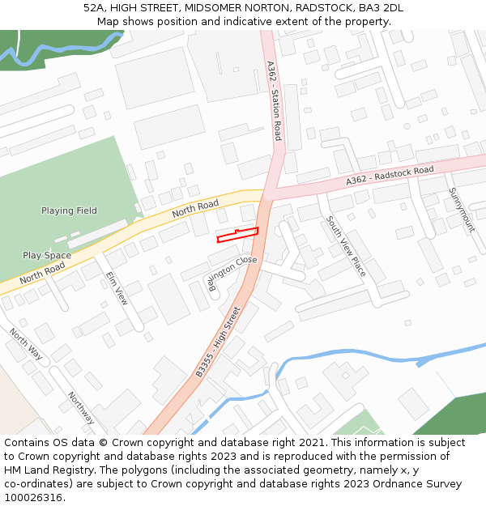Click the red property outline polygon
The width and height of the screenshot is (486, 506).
pos(237,235)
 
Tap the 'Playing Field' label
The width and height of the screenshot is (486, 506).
pos(69,210)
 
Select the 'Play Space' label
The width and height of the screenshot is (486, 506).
pos(46,255)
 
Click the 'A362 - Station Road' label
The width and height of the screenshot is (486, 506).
pos(275,101)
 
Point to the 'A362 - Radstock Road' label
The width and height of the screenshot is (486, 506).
pos(390,176)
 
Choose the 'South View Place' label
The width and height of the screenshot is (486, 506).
pos(347,246)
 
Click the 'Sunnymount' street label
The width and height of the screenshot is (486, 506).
pos(462,210)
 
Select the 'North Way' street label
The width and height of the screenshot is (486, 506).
pos(26,343)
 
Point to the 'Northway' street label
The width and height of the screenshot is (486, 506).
pos(81,407)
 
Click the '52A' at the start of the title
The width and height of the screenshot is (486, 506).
pos(94,8)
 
